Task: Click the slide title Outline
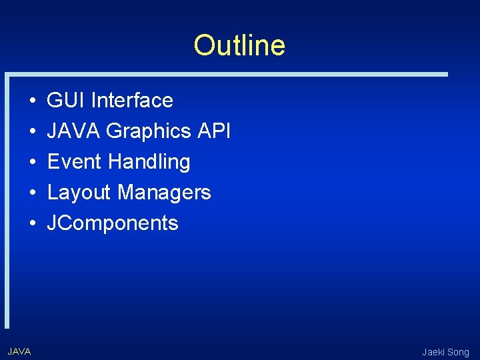(x=239, y=46)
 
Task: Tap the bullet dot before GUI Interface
(x=33, y=101)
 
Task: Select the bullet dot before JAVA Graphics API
(x=33, y=132)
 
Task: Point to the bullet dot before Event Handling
(x=33, y=163)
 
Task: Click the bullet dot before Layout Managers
(x=33, y=193)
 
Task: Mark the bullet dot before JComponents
(x=33, y=224)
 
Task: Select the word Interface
(x=132, y=101)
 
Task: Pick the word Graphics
(x=149, y=131)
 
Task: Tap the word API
(x=214, y=131)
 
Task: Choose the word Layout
(x=79, y=193)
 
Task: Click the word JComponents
(x=113, y=223)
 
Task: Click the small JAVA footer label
(x=19, y=351)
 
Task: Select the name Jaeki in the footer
(x=434, y=352)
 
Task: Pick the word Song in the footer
(x=459, y=352)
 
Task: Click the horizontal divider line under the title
(x=227, y=74)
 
